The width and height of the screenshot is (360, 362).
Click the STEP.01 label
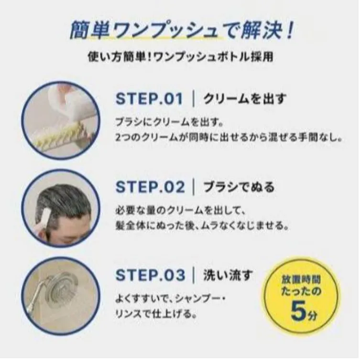coord(149,99)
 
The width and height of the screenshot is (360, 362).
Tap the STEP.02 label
coord(150,187)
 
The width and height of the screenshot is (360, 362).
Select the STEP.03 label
coord(150,275)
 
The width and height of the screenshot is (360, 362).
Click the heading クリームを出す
coord(244,99)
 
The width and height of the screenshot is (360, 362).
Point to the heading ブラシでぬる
coord(239,187)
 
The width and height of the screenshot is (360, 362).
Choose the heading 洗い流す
coord(228,275)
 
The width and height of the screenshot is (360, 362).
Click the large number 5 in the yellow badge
coord(298,310)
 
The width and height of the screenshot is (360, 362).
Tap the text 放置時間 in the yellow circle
coord(301,279)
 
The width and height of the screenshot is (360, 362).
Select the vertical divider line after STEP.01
coord(194,99)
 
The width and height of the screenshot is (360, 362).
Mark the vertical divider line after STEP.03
coord(194,275)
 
